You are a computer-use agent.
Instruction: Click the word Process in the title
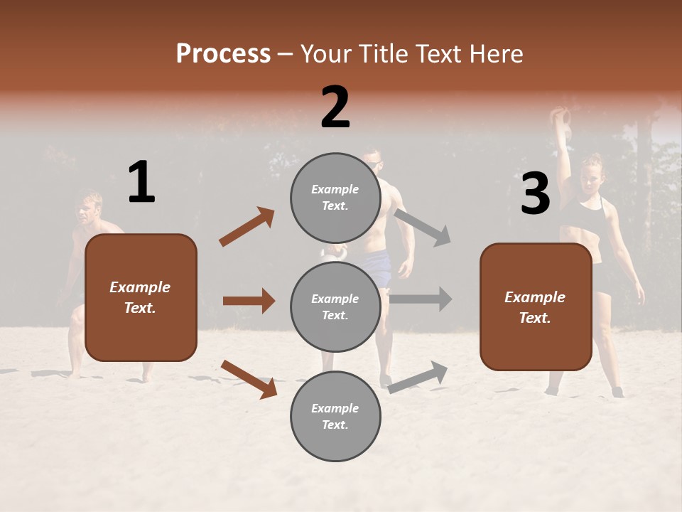pyautogui.click(x=223, y=54)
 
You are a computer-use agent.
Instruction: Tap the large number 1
pyautogui.click(x=141, y=182)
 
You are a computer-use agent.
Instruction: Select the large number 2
pyautogui.click(x=335, y=107)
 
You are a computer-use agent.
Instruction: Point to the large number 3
pyautogui.click(x=535, y=194)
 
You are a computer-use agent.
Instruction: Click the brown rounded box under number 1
pyautogui.click(x=141, y=297)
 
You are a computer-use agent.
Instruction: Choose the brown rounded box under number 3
pyautogui.click(x=536, y=306)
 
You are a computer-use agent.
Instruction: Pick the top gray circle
pyautogui.click(x=335, y=198)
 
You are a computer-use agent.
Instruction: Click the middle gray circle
pyautogui.click(x=335, y=306)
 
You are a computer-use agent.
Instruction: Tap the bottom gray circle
pyautogui.click(x=335, y=416)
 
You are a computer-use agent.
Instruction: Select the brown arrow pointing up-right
pyautogui.click(x=247, y=227)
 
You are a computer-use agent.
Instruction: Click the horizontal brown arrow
pyautogui.click(x=249, y=301)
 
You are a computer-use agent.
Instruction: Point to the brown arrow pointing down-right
pyautogui.click(x=249, y=379)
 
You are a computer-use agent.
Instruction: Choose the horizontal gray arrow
pyautogui.click(x=421, y=299)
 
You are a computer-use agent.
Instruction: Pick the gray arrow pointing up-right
pyautogui.click(x=418, y=377)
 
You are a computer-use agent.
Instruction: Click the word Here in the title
pyautogui.click(x=495, y=54)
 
